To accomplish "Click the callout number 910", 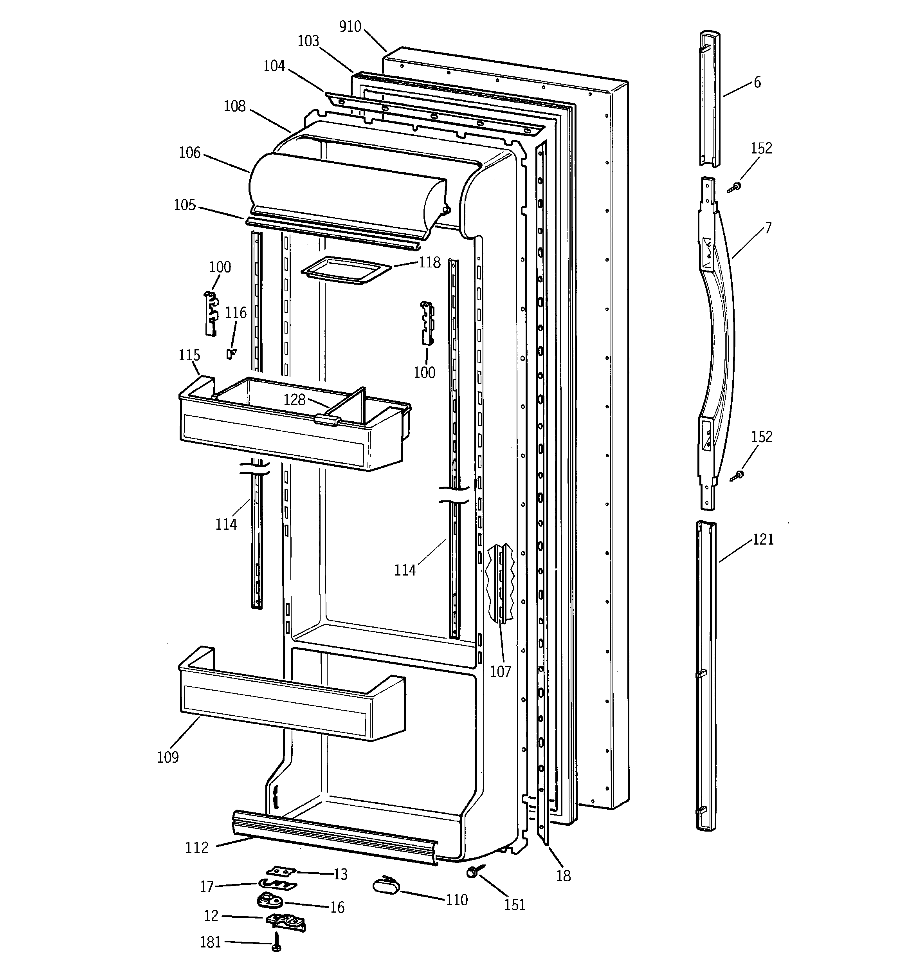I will click(350, 27).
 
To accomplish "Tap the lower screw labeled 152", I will click(737, 476).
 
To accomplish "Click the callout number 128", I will click(294, 400).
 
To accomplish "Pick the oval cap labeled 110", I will click(385, 885).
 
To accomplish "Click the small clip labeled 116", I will click(231, 354).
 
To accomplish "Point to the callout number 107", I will click(500, 672).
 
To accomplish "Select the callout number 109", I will click(168, 757).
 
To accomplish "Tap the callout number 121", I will click(763, 539).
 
